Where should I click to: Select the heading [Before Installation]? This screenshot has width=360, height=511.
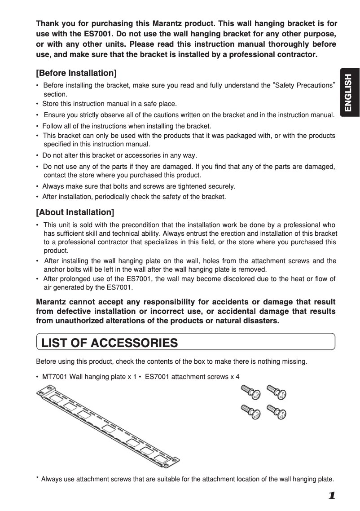coord(76,73)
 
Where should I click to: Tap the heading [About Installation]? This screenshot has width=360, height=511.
coord(75,212)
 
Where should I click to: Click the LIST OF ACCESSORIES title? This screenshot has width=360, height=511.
coord(110,344)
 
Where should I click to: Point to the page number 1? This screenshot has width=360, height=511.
coord(331,496)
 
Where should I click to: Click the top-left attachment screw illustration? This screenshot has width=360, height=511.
coord(250,392)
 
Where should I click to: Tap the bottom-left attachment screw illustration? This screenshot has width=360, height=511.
coord(250,412)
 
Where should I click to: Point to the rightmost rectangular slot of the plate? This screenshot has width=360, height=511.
coord(160,458)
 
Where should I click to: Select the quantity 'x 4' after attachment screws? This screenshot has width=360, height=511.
coord(234,377)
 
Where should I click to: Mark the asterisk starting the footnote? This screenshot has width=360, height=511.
coord(37,479)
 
